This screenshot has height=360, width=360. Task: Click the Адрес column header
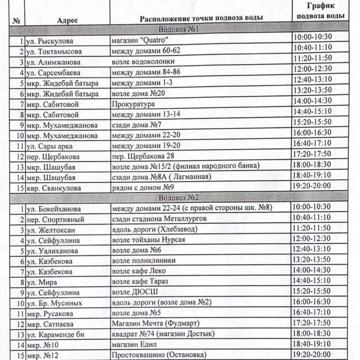tap(68, 20)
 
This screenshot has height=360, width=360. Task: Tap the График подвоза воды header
tap(319, 10)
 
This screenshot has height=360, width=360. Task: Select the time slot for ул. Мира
tap(312, 280)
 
